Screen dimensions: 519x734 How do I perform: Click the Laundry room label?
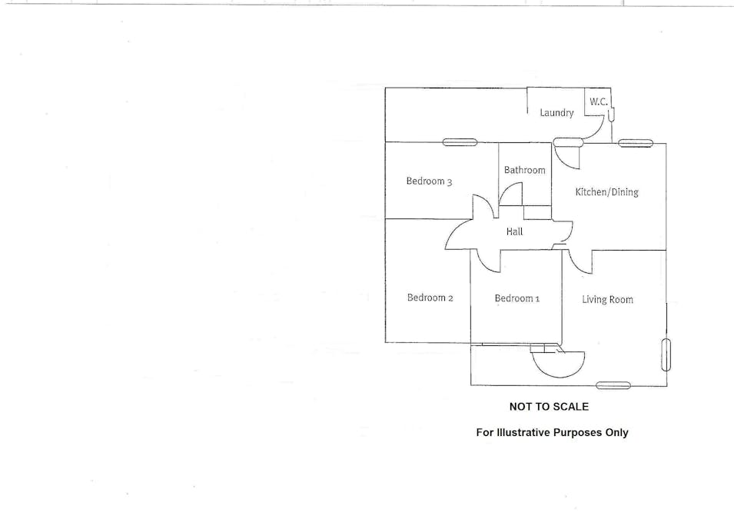pos(556,113)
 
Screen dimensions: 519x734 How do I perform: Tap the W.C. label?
pos(599,101)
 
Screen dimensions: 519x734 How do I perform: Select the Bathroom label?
pos(524,170)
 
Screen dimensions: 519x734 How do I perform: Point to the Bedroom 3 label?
pos(429,181)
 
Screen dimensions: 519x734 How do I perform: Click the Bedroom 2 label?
pos(430,298)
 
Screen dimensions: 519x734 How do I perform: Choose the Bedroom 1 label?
pos(516,298)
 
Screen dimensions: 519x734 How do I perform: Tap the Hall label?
pos(514,231)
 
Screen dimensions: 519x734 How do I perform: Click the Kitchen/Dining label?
pos(606,192)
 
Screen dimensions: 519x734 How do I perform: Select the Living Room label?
pos(607,300)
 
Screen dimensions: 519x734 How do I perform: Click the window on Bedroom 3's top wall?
pos(460,142)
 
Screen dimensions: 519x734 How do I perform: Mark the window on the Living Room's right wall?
pos(666,355)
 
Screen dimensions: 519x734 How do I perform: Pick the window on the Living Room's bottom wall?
pos(613,385)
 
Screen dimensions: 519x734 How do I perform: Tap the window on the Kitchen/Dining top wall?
pos(635,143)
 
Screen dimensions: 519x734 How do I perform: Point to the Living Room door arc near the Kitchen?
pos(578,264)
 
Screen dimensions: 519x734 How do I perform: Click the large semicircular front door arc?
pos(559,364)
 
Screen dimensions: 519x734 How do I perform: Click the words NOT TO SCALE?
pos(549,407)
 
